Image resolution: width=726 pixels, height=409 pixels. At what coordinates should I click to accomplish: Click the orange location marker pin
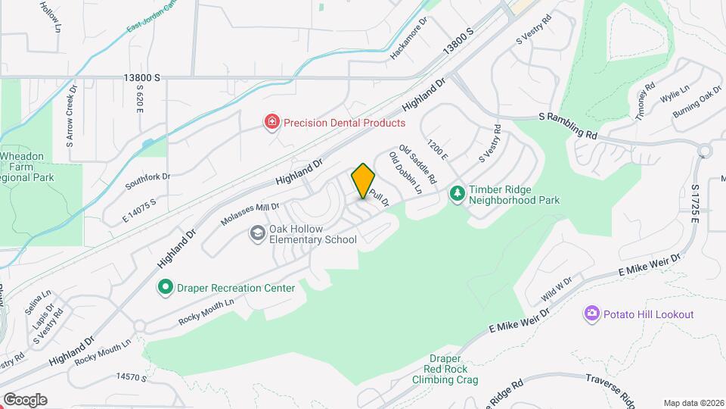point(364,181)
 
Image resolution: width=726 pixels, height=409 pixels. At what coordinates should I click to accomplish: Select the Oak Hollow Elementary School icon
point(258,233)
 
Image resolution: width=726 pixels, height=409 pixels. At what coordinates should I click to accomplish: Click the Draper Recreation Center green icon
point(165,287)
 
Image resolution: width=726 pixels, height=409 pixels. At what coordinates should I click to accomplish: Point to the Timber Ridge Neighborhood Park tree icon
point(457,195)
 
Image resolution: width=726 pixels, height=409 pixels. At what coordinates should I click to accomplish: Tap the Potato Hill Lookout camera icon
point(591,314)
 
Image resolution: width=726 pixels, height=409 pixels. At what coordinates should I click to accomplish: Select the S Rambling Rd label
point(568,126)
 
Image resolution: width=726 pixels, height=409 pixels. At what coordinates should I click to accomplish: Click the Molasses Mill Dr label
point(250,214)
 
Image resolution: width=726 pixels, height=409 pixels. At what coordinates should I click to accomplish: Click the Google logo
point(25,400)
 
